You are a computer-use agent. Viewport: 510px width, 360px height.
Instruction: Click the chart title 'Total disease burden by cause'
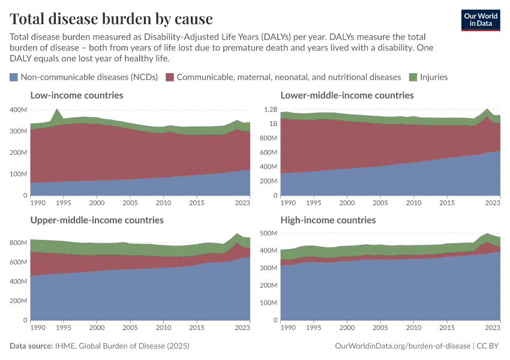(111, 19)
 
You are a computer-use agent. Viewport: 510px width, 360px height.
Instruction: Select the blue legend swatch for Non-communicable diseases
(14, 77)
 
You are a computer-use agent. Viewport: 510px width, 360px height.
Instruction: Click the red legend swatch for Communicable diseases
(170, 77)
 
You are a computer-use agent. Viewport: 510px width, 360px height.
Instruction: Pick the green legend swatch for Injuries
(413, 77)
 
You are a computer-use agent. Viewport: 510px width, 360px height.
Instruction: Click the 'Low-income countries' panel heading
(77, 95)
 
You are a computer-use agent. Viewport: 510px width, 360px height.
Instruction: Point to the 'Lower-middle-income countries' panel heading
(347, 95)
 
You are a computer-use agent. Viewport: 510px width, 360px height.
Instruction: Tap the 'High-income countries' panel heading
(328, 220)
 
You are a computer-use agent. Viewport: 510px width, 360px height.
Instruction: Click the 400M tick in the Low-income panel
(18, 110)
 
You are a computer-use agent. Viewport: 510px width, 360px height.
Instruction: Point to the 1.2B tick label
(269, 110)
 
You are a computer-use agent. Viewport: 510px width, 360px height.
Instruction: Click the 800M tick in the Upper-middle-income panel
(18, 242)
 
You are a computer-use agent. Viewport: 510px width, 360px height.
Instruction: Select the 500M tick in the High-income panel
(269, 233)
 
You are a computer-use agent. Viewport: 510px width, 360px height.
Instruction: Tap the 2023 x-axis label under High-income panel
(493, 328)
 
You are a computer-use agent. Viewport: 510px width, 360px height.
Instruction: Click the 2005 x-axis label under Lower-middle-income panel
(380, 203)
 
